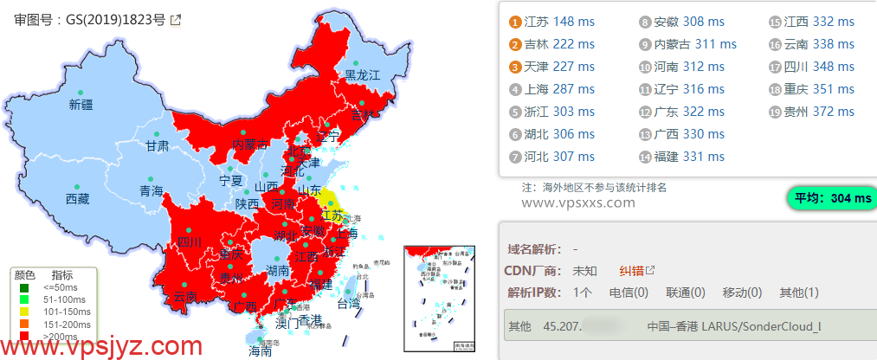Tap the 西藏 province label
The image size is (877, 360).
(77, 199)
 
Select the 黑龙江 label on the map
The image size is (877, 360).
(363, 75)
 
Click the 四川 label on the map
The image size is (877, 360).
(189, 241)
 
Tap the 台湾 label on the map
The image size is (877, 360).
(348, 304)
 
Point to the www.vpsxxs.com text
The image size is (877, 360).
(578, 202)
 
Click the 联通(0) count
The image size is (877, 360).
(685, 292)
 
